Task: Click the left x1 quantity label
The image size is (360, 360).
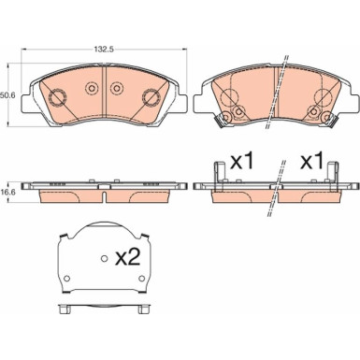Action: point(243,160)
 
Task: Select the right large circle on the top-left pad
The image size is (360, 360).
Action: point(151,97)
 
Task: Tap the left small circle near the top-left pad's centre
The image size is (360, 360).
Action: point(93,89)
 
